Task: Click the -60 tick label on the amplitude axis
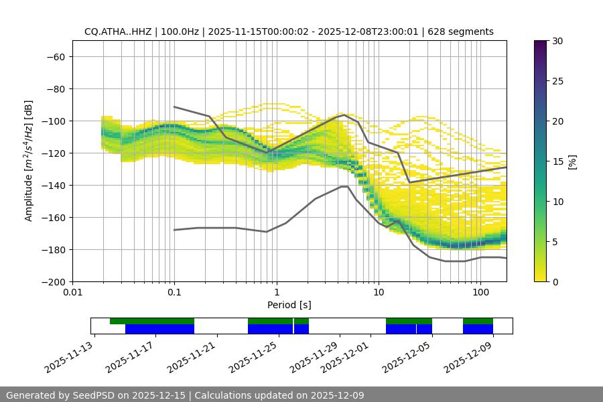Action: (x=55, y=56)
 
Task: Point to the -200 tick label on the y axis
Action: (x=52, y=281)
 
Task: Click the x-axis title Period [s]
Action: (x=289, y=305)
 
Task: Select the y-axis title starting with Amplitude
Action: (x=29, y=161)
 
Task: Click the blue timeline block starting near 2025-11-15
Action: (x=159, y=329)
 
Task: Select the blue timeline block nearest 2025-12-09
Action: (x=478, y=329)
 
